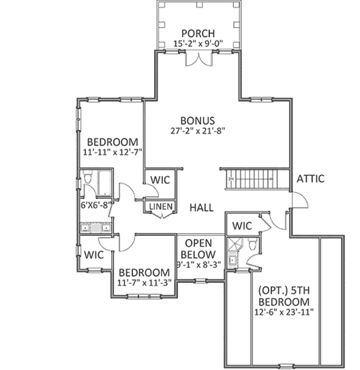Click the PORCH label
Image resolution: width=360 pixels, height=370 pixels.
197,34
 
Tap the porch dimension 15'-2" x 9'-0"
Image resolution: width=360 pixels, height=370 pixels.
197,44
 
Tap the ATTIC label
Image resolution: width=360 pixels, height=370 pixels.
310,179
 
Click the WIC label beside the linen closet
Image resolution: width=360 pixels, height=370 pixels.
160,180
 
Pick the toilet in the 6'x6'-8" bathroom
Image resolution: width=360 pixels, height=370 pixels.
89,179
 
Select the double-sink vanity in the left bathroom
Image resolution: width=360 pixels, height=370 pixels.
95,228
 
